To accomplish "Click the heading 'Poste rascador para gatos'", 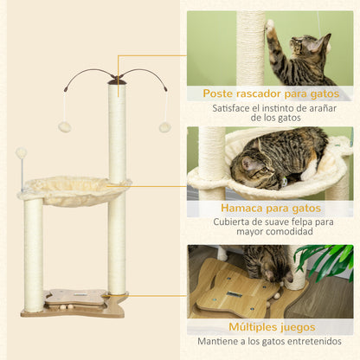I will pos(271,93).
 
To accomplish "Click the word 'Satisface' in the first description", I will pos(230,109).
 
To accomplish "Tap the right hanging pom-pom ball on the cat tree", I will pos(164,127).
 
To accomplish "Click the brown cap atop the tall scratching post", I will pos(117,81).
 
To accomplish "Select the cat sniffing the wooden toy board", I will pos(264,264).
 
